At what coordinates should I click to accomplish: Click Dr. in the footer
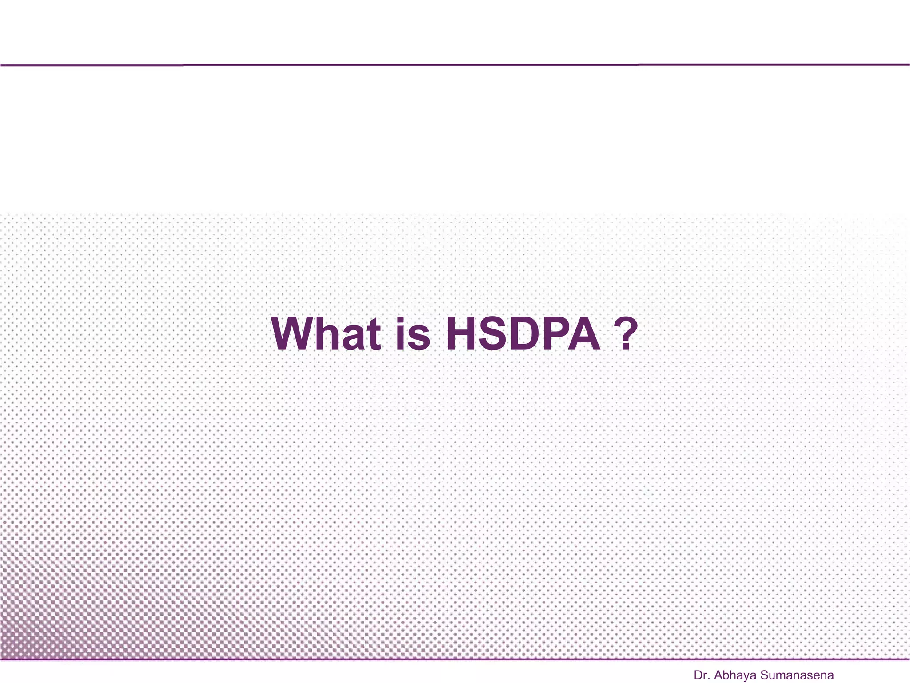702,675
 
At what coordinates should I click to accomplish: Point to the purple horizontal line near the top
455,65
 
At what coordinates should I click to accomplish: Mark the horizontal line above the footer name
455,659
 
